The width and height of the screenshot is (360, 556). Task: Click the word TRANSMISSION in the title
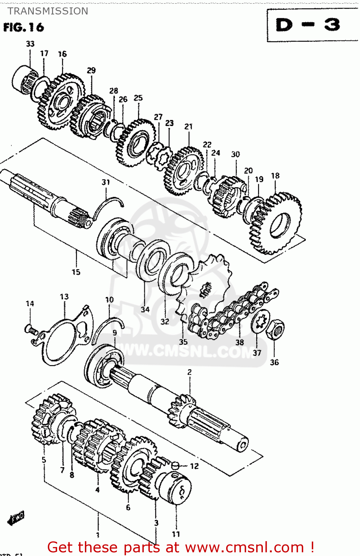coord(48,11)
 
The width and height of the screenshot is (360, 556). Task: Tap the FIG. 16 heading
coord(23,27)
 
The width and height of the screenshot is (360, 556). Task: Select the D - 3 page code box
coord(308,25)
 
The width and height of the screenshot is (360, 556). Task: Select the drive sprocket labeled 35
coord(206,285)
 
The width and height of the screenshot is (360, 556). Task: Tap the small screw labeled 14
coord(31,329)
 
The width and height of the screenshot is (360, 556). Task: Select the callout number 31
coord(106,182)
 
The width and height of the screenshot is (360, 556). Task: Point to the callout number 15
coord(76,272)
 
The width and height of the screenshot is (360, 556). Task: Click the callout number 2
coord(189,372)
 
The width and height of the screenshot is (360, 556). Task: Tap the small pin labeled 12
coord(175,466)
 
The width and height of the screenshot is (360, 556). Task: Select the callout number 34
coord(145,309)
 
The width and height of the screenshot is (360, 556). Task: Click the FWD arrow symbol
coord(16,518)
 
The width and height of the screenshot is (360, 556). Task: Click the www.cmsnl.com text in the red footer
coord(244,547)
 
